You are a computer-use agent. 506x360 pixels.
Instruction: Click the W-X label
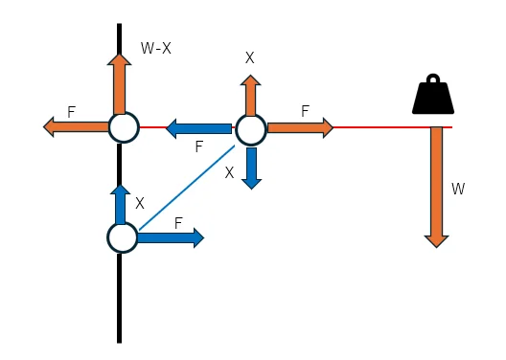tap(156, 48)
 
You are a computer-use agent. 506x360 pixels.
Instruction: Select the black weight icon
tap(433, 94)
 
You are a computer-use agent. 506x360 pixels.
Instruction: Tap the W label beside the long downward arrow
tap(458, 189)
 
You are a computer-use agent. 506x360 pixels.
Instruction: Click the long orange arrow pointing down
tap(437, 187)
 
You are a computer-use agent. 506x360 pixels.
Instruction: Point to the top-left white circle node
tap(124, 127)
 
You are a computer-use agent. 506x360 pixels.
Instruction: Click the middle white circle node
tap(251, 129)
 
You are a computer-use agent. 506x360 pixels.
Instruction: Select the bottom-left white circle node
tap(123, 237)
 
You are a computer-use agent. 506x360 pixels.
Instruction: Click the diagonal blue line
tap(187, 188)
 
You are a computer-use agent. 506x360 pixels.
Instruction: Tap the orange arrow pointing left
tap(76, 127)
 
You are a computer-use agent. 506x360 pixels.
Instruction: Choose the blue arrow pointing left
tap(198, 128)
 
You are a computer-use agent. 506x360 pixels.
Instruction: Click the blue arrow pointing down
tap(251, 169)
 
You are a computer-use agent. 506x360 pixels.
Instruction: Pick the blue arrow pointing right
tap(171, 237)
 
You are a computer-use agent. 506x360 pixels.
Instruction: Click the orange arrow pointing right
tap(301, 128)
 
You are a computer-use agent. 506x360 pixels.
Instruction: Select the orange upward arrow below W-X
tap(120, 84)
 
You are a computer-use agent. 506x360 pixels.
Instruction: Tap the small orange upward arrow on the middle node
tap(251, 96)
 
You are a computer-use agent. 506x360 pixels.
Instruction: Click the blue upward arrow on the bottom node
tap(120, 204)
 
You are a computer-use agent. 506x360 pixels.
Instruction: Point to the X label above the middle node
tap(250, 58)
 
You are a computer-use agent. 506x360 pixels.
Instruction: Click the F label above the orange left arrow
tap(71, 112)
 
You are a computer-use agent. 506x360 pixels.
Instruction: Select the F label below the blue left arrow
tap(199, 146)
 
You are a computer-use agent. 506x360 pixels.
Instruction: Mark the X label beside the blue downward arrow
tap(229, 173)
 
